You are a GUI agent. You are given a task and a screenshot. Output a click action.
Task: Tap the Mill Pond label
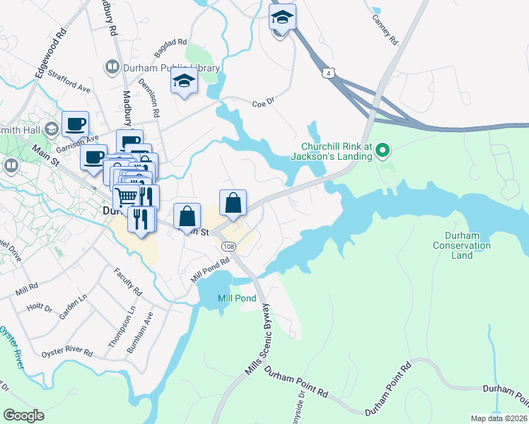tap(236, 299)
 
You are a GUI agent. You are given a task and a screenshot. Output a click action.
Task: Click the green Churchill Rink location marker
tap(383, 150)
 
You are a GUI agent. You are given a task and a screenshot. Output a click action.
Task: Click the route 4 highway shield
tap(328, 72)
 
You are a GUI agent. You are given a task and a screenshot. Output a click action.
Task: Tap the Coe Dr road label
tap(263, 104)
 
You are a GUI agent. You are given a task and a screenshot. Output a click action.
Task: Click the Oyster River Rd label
tap(67, 352)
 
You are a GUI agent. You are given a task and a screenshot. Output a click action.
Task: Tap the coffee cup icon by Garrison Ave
tap(75, 124)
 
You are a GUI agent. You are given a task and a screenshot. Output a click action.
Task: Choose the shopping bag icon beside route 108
tap(233, 203)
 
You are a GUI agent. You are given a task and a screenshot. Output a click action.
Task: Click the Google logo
tap(23, 416)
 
